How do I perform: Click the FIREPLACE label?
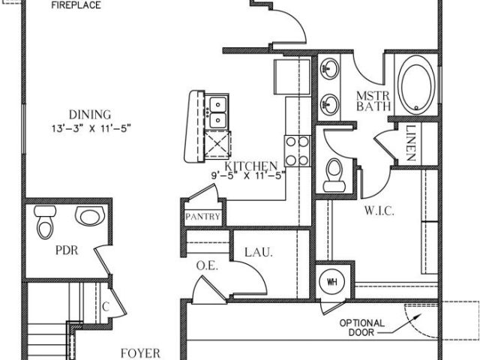[76, 5]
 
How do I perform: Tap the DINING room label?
[90, 115]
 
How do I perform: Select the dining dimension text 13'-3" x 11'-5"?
[91, 128]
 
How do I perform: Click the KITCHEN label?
[251, 166]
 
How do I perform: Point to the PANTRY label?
[202, 217]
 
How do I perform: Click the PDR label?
[67, 250]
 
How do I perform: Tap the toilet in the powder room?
[45, 222]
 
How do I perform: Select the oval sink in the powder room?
[90, 215]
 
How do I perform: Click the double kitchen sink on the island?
[218, 112]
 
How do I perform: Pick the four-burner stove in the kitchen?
[297, 151]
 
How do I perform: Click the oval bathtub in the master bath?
[416, 85]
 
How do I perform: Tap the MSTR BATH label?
[373, 101]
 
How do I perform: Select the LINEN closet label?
[410, 143]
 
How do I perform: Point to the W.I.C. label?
[379, 211]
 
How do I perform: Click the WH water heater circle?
[332, 282]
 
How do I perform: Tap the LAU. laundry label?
[259, 253]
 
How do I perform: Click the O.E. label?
[207, 266]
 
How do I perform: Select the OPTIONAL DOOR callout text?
[361, 328]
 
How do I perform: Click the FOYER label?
[140, 353]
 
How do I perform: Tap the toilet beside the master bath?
[334, 175]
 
